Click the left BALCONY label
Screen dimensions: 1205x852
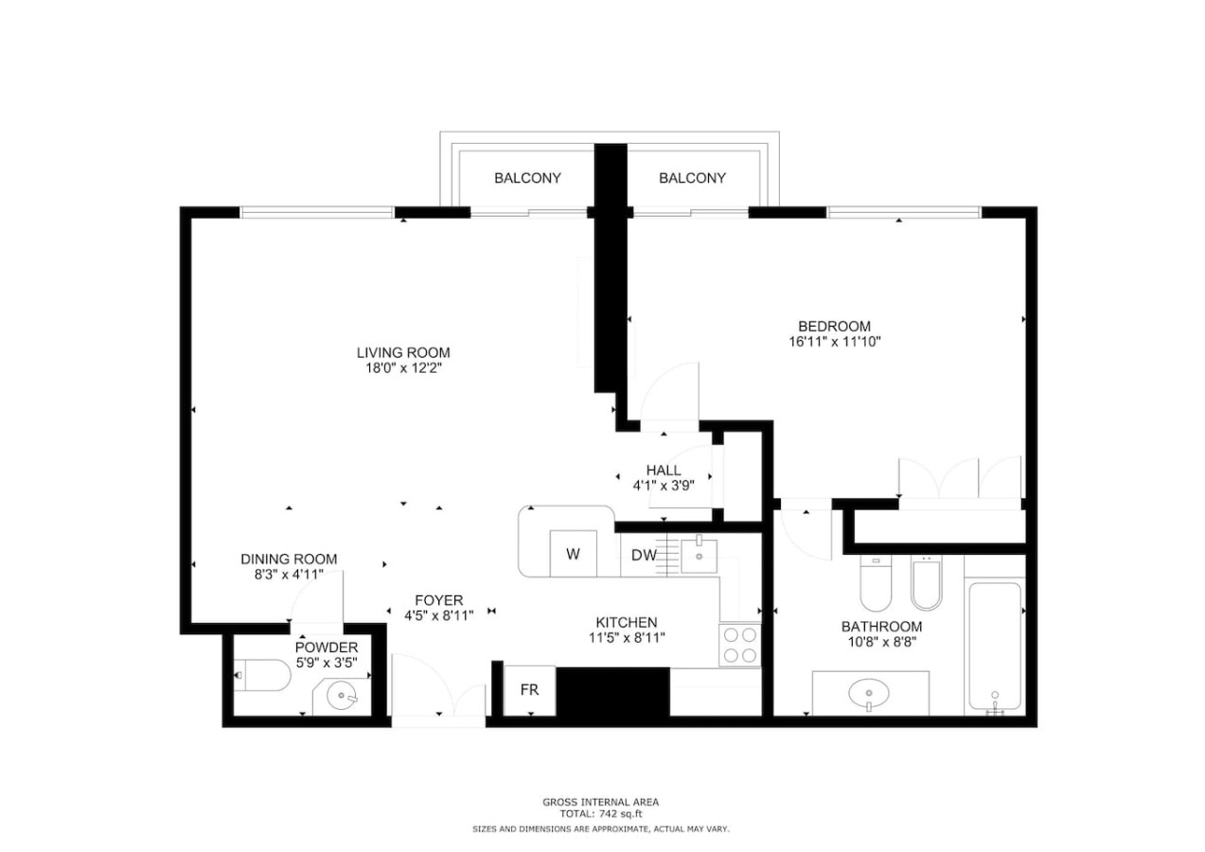(527, 178)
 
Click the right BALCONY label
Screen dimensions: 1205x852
(692, 178)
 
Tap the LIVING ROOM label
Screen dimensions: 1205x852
(403, 353)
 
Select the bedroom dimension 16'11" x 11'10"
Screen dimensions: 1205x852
(834, 342)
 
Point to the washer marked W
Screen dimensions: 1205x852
(573, 554)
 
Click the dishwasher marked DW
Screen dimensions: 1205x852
(644, 555)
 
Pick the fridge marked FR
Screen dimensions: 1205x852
(529, 690)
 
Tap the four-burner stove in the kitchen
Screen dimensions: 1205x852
(739, 646)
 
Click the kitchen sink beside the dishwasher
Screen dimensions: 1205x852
(700, 554)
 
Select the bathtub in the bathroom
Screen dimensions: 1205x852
(995, 646)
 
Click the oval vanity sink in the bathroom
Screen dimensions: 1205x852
(869, 693)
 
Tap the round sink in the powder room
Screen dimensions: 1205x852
(342, 697)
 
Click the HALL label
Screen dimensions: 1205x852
(664, 470)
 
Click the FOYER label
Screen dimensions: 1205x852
(439, 600)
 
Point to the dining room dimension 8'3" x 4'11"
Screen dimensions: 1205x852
(289, 575)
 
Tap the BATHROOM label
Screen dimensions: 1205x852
(881, 627)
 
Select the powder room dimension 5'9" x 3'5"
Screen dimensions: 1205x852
(327, 664)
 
